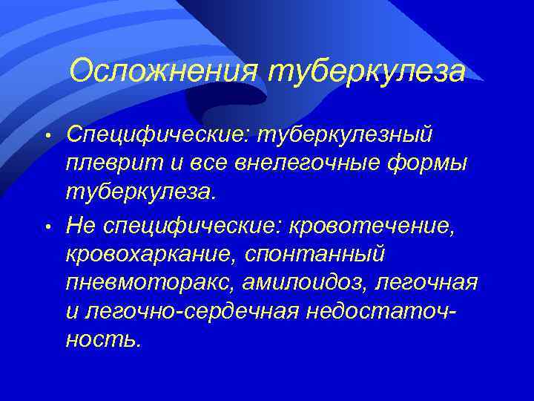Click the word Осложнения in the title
tap(162, 71)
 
